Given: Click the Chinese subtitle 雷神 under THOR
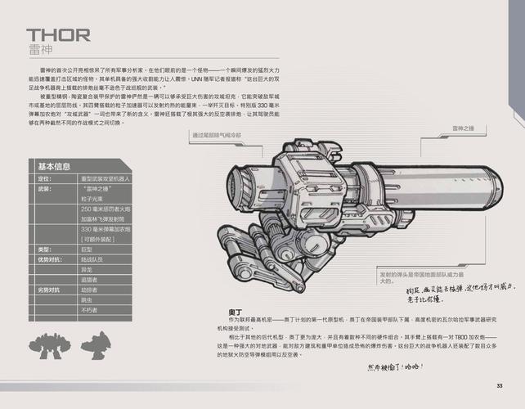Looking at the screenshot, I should click(x=38, y=49).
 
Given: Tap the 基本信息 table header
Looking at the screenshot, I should click(x=55, y=167).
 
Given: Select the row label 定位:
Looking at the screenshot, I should click(x=45, y=178).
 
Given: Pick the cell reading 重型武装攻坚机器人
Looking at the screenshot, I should click(x=105, y=178).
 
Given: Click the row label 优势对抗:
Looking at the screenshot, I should click(x=50, y=259).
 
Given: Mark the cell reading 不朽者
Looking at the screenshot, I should click(x=89, y=310).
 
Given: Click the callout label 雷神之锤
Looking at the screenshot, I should click(x=464, y=128).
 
